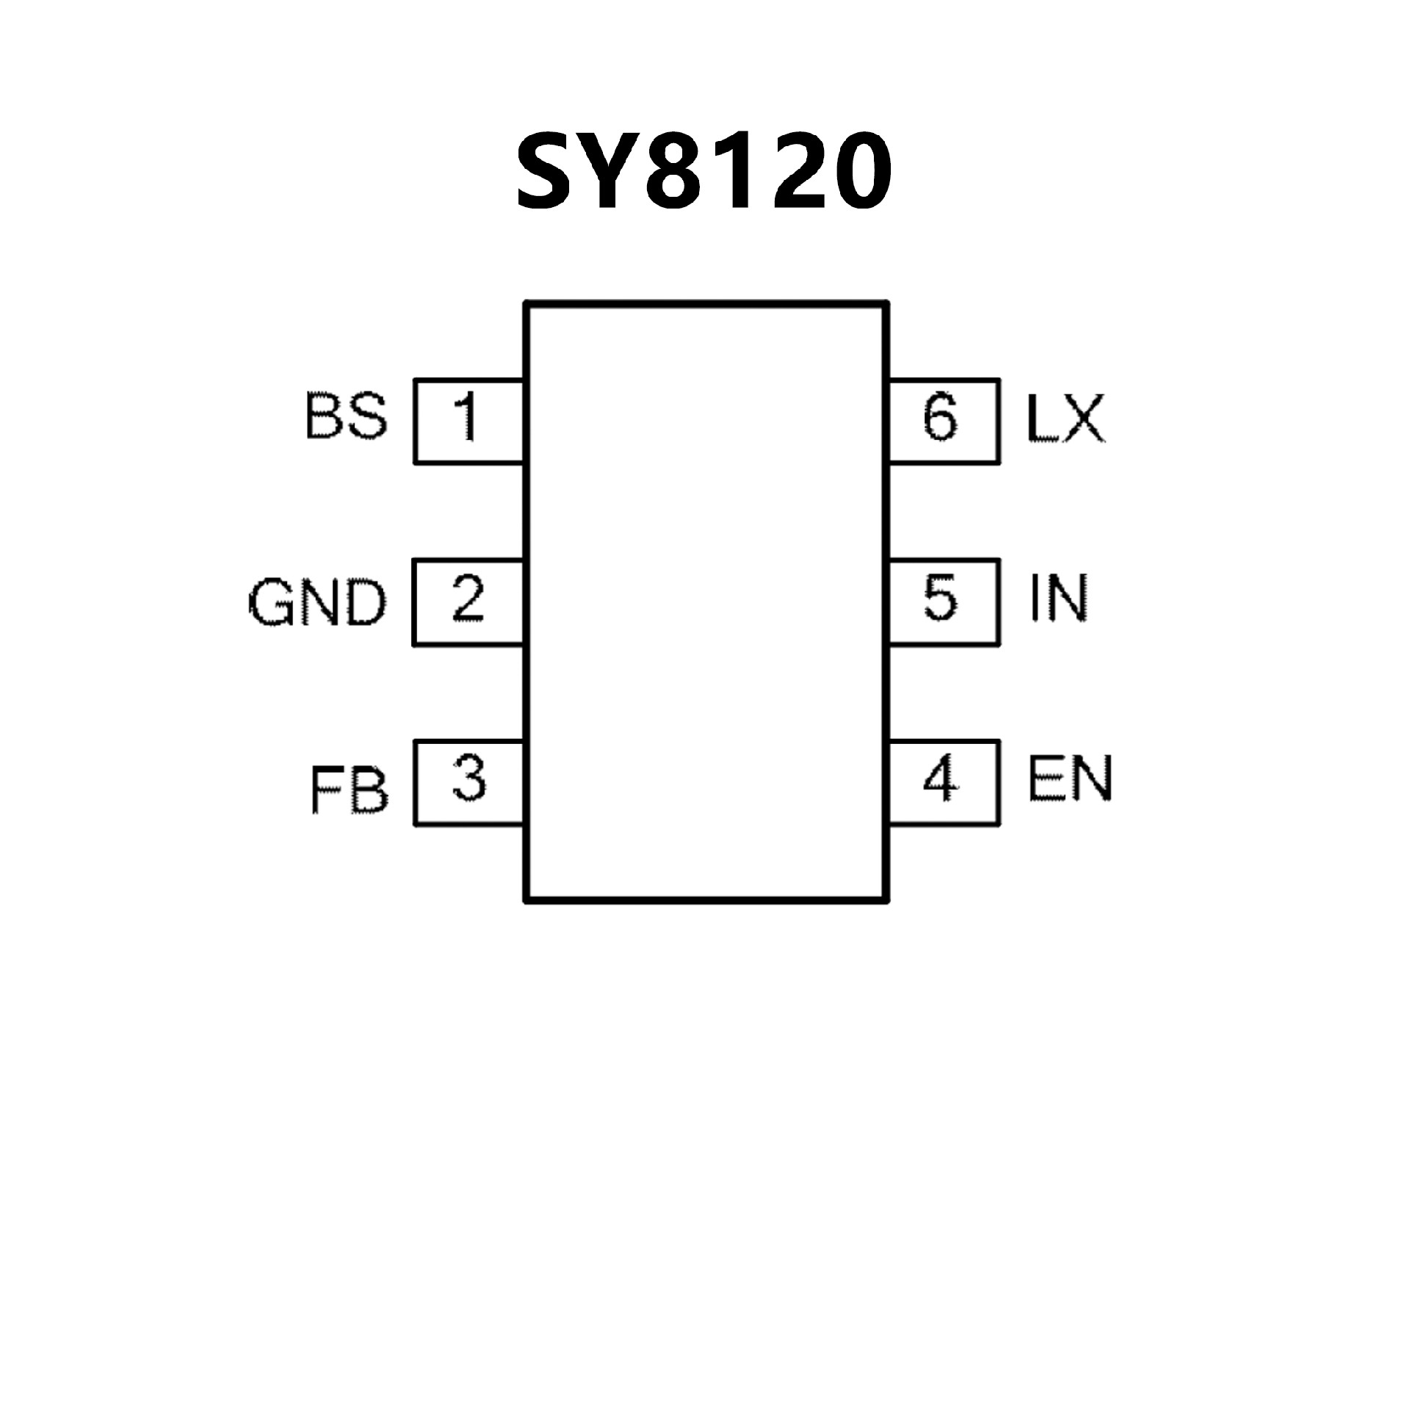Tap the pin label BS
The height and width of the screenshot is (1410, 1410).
point(345,417)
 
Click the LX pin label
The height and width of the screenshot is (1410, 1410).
point(1065,419)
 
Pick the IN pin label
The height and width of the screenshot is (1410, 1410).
point(1058,599)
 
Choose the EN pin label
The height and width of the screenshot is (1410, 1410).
point(1069,778)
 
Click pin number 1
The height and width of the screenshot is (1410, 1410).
point(466,417)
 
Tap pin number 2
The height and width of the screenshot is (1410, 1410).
point(469,599)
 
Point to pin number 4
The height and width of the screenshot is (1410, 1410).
point(940,778)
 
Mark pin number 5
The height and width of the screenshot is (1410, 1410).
point(940,599)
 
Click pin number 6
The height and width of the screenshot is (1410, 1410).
point(940,417)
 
